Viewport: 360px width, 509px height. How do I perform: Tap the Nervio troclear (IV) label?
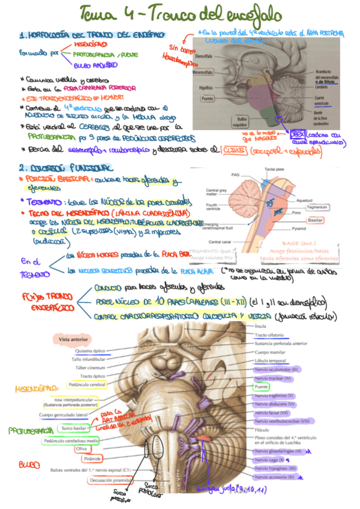272,378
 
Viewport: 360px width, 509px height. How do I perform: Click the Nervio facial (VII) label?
274,413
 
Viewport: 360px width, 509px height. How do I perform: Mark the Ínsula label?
260,326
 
